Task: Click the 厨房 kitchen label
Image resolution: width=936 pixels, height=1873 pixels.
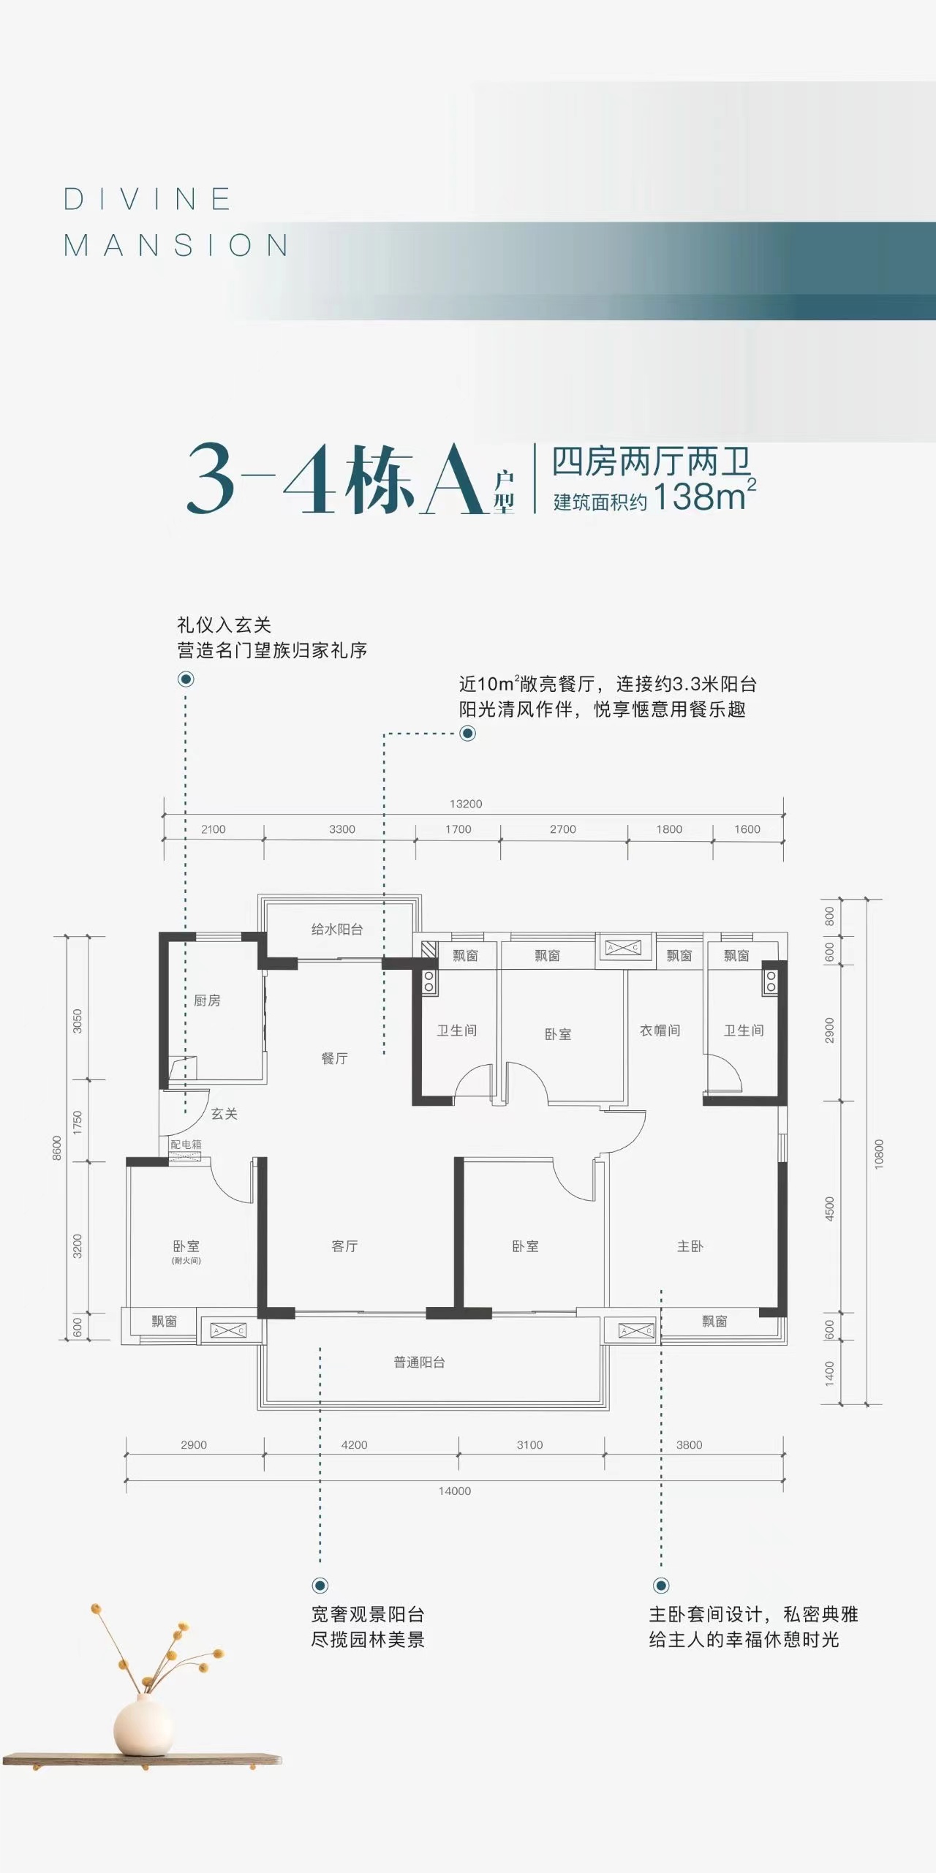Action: pos(207,1000)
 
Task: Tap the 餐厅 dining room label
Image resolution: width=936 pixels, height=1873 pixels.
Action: pos(335,1058)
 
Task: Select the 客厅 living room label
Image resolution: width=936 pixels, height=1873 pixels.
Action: pos(344,1246)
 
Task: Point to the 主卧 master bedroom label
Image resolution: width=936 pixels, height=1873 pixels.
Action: pos(690,1246)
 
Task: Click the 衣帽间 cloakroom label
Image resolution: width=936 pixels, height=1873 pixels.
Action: pos(660,1030)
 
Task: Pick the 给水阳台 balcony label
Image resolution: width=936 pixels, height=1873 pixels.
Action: pos(337,930)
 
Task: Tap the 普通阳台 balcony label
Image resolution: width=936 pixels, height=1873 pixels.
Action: pos(419,1363)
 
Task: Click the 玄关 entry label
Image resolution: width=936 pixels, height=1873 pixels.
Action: pos(224,1114)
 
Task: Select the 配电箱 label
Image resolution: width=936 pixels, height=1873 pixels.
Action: pos(186,1144)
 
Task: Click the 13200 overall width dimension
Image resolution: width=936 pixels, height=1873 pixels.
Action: pos(466,804)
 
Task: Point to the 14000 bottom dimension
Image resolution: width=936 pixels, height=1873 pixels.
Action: pos(455,1491)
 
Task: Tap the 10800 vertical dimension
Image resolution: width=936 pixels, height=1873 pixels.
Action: pos(879,1154)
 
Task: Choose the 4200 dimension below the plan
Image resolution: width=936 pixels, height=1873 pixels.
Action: pos(355,1444)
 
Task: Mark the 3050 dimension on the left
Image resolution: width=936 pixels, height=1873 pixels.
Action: pos(78,1021)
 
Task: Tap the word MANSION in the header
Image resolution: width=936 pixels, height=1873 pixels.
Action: pos(176,245)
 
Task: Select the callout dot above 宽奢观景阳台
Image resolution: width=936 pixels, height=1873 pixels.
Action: pos(320,1586)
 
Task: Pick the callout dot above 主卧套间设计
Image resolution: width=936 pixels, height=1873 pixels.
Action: pos(661,1586)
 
